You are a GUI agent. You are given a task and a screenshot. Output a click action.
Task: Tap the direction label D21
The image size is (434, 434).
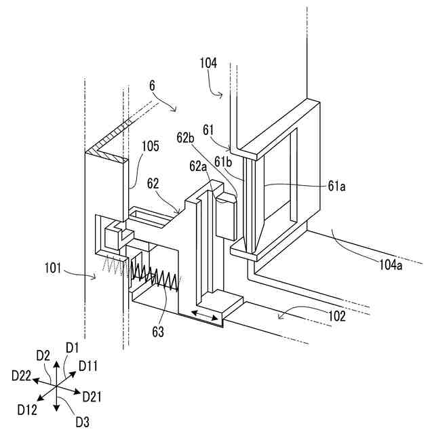pos(92,396)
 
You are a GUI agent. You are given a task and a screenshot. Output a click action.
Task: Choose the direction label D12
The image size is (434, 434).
pos(28,408)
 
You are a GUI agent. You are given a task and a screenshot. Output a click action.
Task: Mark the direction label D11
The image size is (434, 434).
pos(89,366)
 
